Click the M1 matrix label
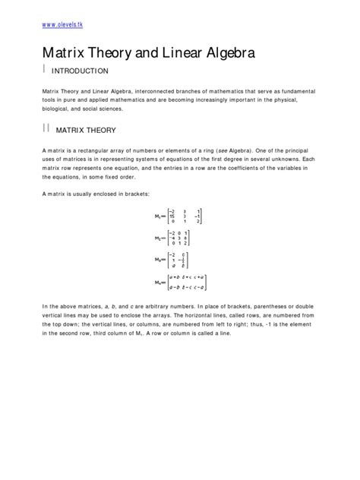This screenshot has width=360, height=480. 158,216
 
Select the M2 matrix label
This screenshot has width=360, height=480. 158,238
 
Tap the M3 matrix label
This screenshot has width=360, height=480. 158,260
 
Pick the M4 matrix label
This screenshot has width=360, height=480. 158,283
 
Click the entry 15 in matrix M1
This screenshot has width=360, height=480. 172,216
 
